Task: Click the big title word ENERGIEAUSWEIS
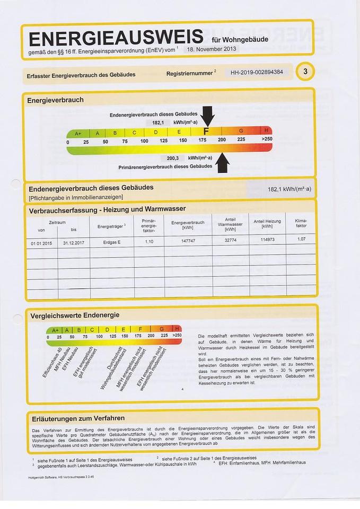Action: pyautogui.click(x=116, y=38)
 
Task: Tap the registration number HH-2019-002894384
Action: pyautogui.click(x=257, y=73)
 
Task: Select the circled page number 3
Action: pyautogui.click(x=306, y=72)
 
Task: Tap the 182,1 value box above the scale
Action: pyautogui.click(x=158, y=122)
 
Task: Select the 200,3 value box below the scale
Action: pyautogui.click(x=172, y=158)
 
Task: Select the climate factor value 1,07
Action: pyautogui.click(x=300, y=239)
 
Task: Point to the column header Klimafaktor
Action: pyautogui.click(x=301, y=223)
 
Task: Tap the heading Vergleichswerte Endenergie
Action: pyautogui.click(x=78, y=315)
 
